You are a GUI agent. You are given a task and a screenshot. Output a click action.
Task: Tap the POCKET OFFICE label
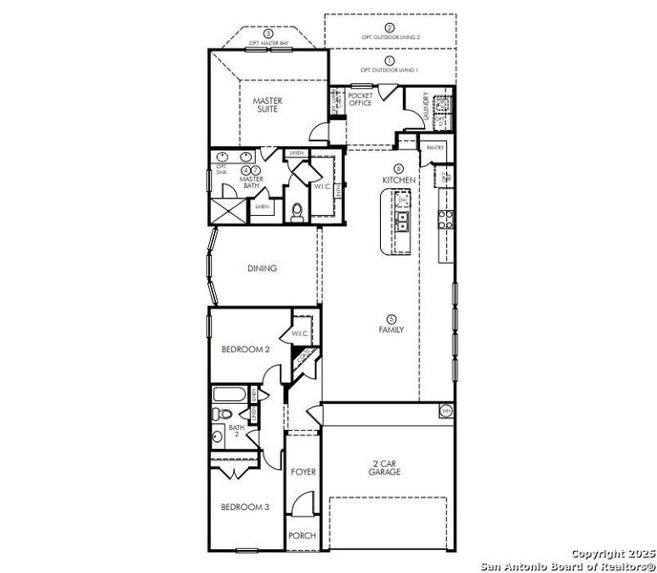(x=360, y=99)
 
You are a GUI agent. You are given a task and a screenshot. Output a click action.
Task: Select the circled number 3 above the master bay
(x=255, y=33)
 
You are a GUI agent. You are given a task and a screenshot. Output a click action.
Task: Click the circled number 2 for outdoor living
(x=391, y=29)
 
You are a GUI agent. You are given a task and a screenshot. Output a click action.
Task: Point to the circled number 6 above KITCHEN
(x=398, y=167)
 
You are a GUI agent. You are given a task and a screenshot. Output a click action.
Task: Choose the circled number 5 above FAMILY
(x=391, y=319)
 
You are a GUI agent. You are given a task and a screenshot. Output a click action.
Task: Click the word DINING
(x=262, y=268)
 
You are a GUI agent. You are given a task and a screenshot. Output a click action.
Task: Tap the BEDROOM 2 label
(x=246, y=350)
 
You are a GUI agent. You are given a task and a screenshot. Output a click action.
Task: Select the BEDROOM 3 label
(x=246, y=507)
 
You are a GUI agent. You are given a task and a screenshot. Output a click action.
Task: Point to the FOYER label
(x=304, y=473)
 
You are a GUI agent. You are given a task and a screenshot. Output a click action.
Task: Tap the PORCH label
(x=303, y=536)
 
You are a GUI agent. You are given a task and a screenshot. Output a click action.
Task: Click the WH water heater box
(x=445, y=412)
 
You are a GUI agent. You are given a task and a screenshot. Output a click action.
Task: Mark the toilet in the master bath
(x=296, y=211)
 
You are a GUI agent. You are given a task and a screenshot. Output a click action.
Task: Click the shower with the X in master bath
(x=226, y=208)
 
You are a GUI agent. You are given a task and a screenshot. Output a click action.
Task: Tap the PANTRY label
(x=435, y=148)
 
